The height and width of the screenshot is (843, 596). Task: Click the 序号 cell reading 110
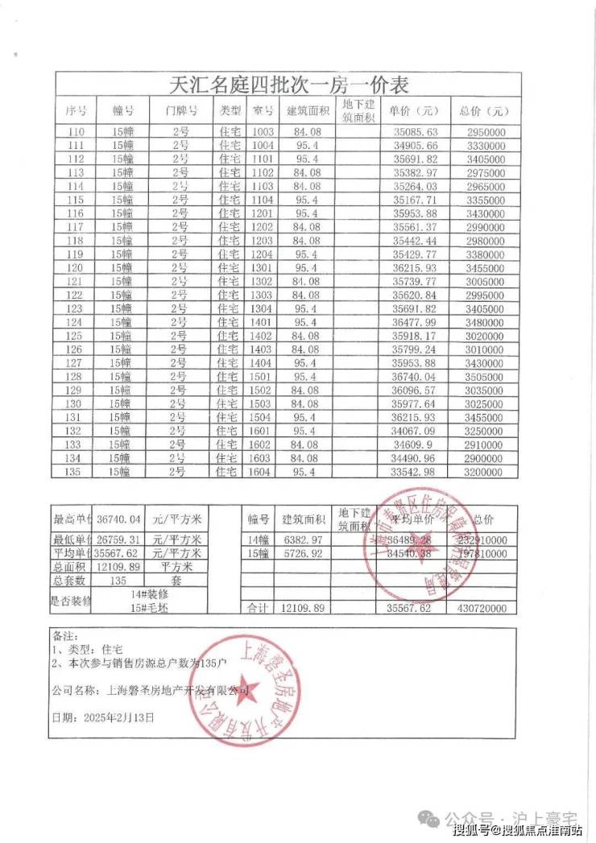pyautogui.click(x=77, y=131)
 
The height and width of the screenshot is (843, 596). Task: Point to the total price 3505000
pyautogui.click(x=485, y=376)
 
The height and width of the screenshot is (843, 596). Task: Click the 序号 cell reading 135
pyautogui.click(x=77, y=471)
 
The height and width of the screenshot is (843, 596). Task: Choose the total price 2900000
pyautogui.click(x=485, y=457)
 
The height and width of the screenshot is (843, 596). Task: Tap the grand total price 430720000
pyautogui.click(x=485, y=610)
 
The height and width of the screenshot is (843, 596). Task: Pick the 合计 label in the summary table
pyautogui.click(x=257, y=610)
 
